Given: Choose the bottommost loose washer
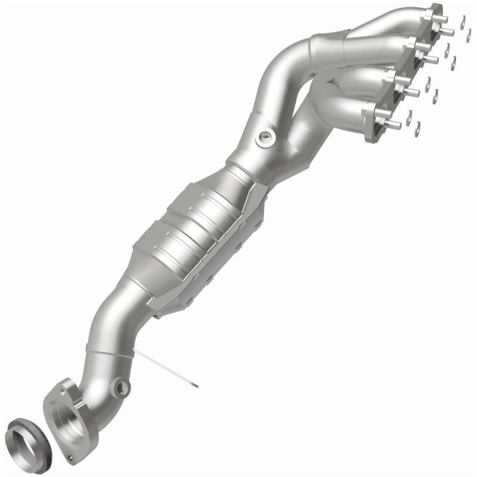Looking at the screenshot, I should pyautogui.click(x=417, y=126).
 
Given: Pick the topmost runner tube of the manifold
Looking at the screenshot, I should pyautogui.click(x=382, y=24).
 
